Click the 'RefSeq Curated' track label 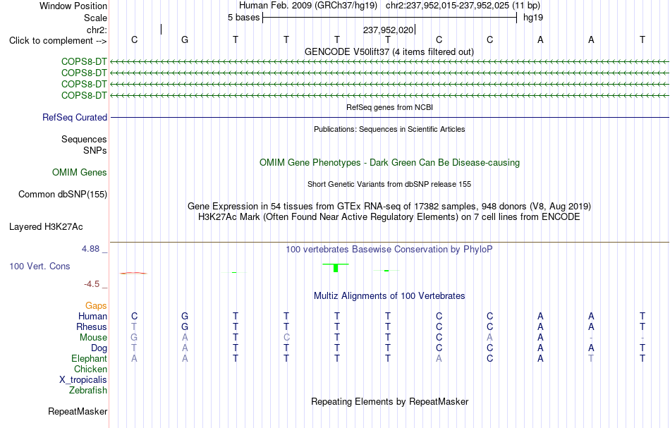pos(75,118)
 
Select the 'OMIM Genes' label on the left pos(80,173)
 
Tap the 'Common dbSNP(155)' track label pos(63,195)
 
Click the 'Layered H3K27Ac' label pos(46,227)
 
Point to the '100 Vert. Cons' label pos(39,266)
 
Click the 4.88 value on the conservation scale pos(90,249)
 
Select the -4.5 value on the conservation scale pos(92,284)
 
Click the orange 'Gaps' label pos(96,306)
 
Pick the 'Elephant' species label pos(90,359)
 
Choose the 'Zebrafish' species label pos(88,391)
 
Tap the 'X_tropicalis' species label pos(83,380)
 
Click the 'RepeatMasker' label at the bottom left pos(78,412)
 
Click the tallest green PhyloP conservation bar pos(336,268)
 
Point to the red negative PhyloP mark pos(133,273)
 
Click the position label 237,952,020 pos(388,30)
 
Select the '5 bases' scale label pos(243,18)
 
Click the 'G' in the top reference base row pos(185,39)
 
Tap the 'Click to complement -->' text pos(58,41)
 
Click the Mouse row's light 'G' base pos(134,338)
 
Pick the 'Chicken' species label pos(90,369)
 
